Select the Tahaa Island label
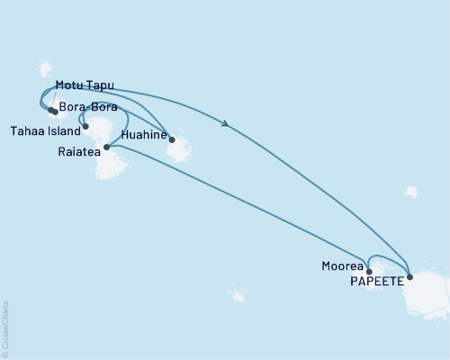tap(44, 129)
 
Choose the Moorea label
tap(341, 266)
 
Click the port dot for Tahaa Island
tap(85, 127)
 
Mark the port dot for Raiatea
tap(106, 147)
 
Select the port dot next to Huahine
tap(172, 139)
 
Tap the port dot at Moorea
tap(369, 270)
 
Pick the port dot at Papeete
tap(410, 277)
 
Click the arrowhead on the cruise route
tap(224, 124)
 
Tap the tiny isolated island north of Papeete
tap(411, 192)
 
